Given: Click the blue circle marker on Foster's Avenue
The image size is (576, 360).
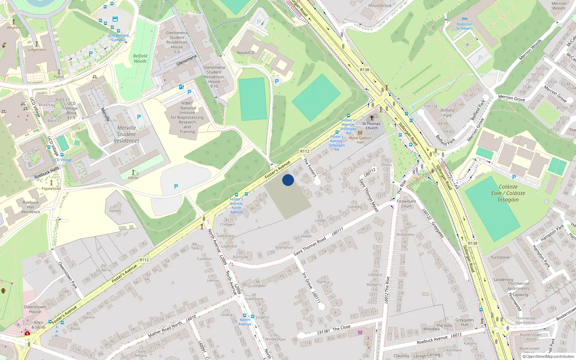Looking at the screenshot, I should (x=288, y=180).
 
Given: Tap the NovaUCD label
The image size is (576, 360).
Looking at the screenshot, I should (x=245, y=53).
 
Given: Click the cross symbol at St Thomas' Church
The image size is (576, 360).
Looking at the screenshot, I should (x=372, y=118).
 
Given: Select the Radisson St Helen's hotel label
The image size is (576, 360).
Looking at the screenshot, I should (x=464, y=26).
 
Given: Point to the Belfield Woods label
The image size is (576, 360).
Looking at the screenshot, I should (x=140, y=59).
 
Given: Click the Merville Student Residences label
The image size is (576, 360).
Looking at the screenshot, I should (x=126, y=134).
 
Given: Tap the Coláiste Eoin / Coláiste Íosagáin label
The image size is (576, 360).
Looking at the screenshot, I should (x=508, y=193).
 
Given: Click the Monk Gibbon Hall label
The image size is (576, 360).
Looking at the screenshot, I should (x=360, y=140).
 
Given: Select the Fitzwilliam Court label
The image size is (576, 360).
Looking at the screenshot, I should (x=406, y=204).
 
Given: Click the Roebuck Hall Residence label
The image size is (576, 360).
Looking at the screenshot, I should (x=31, y=207).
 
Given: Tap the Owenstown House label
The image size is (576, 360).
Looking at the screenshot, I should (x=35, y=309).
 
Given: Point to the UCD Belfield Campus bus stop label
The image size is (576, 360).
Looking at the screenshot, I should (x=118, y=38).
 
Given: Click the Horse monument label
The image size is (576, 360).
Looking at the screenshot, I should (x=133, y=178).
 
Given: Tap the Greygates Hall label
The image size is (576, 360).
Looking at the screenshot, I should (x=464, y=322).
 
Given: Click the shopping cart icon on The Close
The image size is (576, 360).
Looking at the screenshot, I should (x=360, y=332).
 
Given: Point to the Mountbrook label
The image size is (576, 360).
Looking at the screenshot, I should (x=380, y=6).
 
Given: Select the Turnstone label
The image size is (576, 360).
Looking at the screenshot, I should (x=500, y=257).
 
